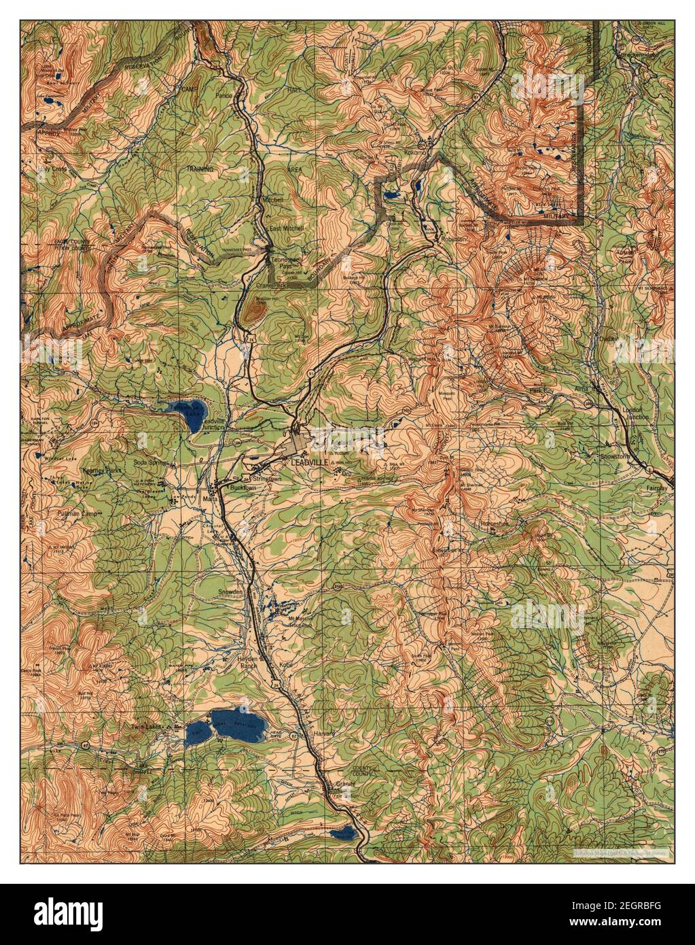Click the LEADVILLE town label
pyautogui.click(x=309, y=462)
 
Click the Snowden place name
pyautogui.click(x=230, y=592)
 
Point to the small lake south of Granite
pyautogui.click(x=342, y=833)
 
